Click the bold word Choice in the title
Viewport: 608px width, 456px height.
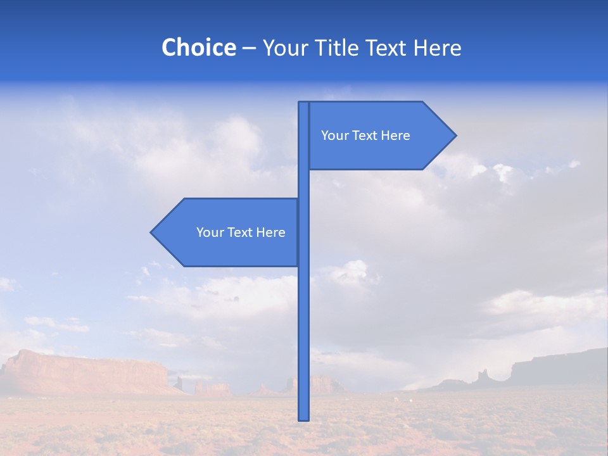198,47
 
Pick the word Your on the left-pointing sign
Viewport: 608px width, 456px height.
209,232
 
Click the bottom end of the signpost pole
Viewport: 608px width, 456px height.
304,418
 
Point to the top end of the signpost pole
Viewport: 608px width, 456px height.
304,104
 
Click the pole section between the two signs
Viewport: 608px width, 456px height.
304,184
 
